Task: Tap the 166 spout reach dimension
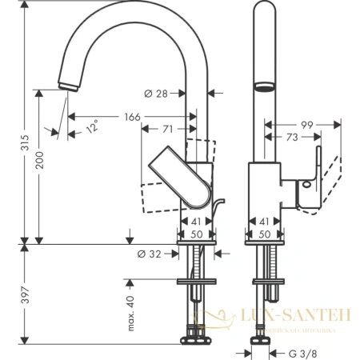132,118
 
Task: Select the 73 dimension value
293,138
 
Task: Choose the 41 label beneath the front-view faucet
264,222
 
